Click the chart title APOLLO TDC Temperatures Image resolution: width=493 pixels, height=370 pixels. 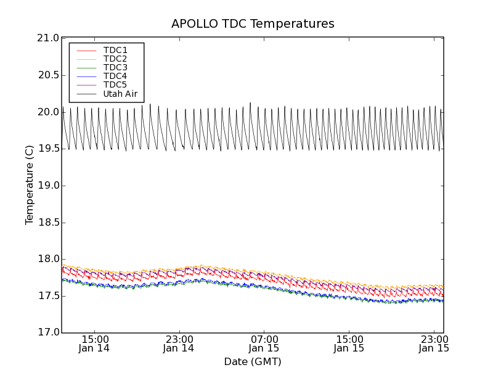click(x=253, y=24)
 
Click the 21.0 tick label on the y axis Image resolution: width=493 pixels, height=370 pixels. click(x=48, y=38)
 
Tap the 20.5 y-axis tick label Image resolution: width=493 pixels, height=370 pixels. click(x=48, y=75)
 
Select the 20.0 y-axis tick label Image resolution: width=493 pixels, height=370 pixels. click(x=48, y=112)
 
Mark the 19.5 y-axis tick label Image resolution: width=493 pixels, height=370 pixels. click(x=48, y=149)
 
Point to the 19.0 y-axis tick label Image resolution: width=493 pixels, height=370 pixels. click(x=48, y=186)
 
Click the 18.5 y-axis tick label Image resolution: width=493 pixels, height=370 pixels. click(x=48, y=223)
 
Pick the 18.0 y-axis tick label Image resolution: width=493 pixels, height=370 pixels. click(x=48, y=259)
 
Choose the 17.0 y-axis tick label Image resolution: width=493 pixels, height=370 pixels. click(x=48, y=333)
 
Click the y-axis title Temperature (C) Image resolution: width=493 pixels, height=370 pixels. click(x=30, y=185)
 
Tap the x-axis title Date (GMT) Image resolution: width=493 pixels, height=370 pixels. click(x=253, y=362)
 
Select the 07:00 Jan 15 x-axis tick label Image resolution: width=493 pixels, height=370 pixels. click(x=264, y=343)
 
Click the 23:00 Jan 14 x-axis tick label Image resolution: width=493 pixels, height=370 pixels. click(x=179, y=343)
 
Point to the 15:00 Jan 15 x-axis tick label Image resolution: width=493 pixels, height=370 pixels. click(x=349, y=343)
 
